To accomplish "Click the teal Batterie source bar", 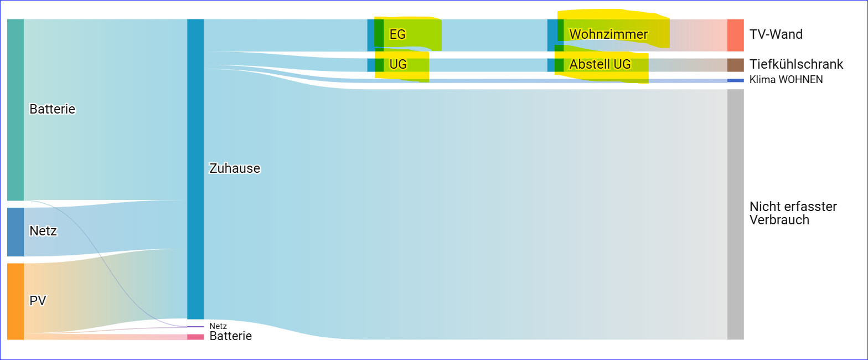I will [x=15, y=109].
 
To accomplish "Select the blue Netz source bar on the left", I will [x=15, y=232].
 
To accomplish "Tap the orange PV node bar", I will [x=15, y=301].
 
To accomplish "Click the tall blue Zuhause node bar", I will [x=195, y=168].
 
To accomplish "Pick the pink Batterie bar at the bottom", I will [x=195, y=337].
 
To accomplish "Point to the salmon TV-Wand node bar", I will [x=735, y=35].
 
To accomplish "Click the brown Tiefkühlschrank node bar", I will [x=735, y=65].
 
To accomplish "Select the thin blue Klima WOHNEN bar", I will [x=735, y=80].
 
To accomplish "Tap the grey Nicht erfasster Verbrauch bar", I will [x=735, y=214].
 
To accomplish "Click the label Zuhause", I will [x=234, y=168].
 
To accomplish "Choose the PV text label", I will [x=38, y=301].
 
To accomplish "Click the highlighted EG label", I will [x=397, y=34].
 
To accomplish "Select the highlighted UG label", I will [x=398, y=64].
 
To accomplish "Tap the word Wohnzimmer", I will [x=608, y=34].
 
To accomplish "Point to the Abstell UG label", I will [x=600, y=64].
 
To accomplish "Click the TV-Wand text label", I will [x=776, y=34].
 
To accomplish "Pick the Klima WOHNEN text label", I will [x=786, y=80].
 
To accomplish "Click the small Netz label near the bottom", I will [x=218, y=326].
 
